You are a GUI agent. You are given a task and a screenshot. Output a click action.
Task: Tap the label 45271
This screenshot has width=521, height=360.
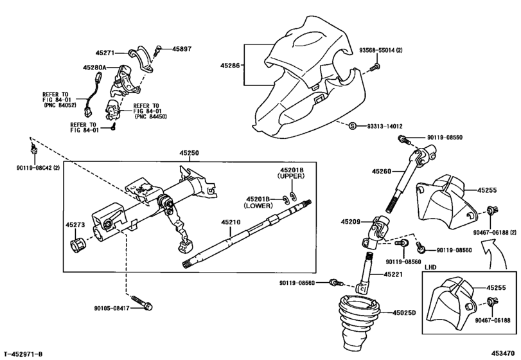[x=105, y=54]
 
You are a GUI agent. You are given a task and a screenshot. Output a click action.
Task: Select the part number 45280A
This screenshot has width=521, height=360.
[x=94, y=66]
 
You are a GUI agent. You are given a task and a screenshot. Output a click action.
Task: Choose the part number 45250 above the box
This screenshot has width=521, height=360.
[x=190, y=153]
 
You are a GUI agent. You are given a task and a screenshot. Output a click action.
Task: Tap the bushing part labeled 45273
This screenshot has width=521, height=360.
[x=78, y=245]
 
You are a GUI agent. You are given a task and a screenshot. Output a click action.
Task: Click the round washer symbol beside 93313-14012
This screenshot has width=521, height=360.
[x=353, y=126]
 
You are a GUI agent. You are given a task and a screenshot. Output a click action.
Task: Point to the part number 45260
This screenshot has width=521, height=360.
[x=381, y=172]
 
